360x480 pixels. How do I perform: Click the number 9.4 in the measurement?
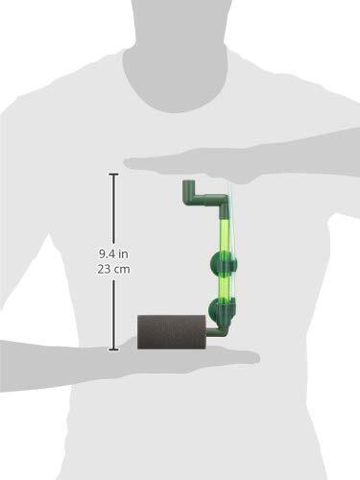106,254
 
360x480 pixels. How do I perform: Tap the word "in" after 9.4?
123,254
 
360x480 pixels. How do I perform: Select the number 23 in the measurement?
104,269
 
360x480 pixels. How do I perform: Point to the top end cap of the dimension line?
113,175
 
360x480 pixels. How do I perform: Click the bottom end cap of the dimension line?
113,349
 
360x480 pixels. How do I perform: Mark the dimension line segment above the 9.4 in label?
113,209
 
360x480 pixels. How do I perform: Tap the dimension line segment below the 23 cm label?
113,314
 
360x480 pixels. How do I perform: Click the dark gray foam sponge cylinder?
172,332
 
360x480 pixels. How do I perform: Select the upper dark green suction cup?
224,263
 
